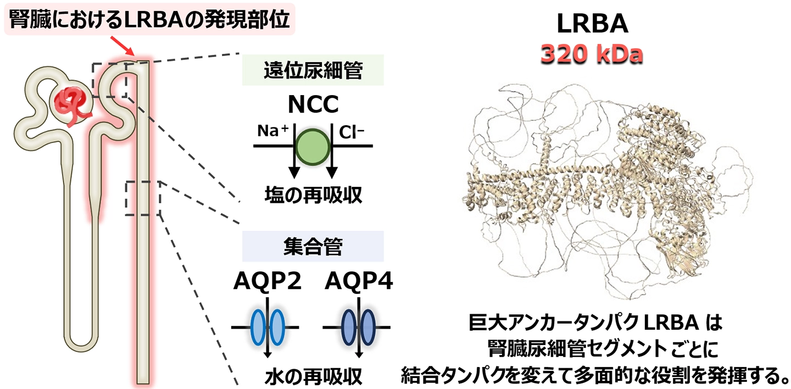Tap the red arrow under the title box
[123, 46]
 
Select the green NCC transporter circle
[313, 147]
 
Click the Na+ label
[273, 131]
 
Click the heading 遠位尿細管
[313, 70]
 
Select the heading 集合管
[313, 246]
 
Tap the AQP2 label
[268, 281]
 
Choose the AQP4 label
[359, 281]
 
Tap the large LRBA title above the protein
[592, 23]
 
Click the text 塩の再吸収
[313, 194]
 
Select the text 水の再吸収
[313, 376]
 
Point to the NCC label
[313, 104]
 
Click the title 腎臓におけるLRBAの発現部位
[149, 19]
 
